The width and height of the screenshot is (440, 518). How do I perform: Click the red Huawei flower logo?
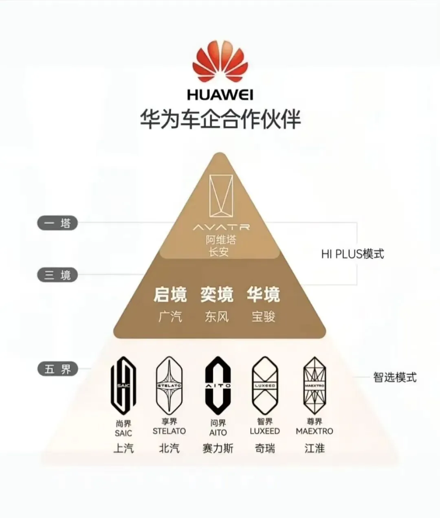(220, 64)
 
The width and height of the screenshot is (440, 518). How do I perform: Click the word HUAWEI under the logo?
(220, 94)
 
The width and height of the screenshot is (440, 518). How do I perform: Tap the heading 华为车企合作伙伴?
(220, 119)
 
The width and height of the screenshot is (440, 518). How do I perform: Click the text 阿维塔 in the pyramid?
(221, 239)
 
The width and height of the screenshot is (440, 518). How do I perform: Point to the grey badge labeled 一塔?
(58, 223)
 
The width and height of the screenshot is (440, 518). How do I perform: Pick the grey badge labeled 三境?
(58, 275)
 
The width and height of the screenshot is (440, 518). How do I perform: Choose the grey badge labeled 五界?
(58, 369)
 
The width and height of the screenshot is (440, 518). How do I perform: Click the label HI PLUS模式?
(352, 254)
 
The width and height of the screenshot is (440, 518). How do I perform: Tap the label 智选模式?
(395, 377)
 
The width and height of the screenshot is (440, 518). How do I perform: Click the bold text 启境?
(170, 294)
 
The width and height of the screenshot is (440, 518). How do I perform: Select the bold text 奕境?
(217, 294)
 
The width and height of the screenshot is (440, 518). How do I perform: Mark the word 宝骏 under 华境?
(263, 316)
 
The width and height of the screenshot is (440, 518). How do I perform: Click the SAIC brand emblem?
(123, 385)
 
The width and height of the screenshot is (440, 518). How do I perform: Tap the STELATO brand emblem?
(169, 384)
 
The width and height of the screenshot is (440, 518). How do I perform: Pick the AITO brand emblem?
(218, 385)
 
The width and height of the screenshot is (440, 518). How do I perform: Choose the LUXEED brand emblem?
(265, 384)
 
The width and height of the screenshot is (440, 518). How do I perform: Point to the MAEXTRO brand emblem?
(315, 384)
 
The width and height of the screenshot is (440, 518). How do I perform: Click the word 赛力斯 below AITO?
(218, 448)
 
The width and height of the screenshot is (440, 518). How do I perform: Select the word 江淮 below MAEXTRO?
(315, 448)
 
